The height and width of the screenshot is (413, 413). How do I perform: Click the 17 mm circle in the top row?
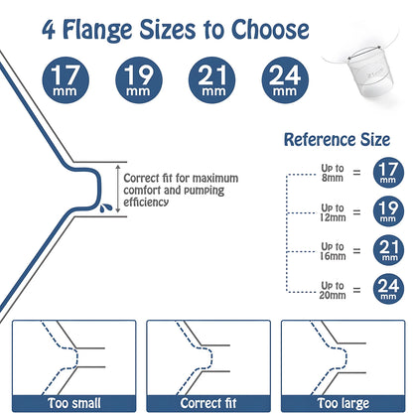point(66,80)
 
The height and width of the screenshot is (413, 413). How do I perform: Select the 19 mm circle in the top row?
point(139,80)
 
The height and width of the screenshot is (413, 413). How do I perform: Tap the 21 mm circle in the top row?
point(211,80)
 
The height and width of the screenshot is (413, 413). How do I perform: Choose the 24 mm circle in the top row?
point(285,80)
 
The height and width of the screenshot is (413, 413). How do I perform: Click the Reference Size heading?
point(337,139)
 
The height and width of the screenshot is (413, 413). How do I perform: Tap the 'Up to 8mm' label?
point(333,173)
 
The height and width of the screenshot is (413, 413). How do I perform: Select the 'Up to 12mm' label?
point(333,212)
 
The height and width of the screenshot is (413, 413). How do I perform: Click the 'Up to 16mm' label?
point(333,251)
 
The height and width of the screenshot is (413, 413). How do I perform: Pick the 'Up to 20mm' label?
point(333,290)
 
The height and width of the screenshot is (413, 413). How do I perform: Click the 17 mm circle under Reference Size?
point(388,173)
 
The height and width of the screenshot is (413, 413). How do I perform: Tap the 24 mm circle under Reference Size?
point(388,289)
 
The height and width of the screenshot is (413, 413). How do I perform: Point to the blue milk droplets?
point(106,207)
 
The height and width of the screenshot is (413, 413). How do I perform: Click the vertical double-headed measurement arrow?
point(118,190)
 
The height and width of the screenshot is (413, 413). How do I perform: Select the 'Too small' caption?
point(74,403)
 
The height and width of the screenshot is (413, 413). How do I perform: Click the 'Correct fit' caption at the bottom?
point(208,403)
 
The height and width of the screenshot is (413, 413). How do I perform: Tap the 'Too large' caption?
point(344,403)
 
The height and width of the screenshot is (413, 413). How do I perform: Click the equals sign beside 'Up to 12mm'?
point(356,212)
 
